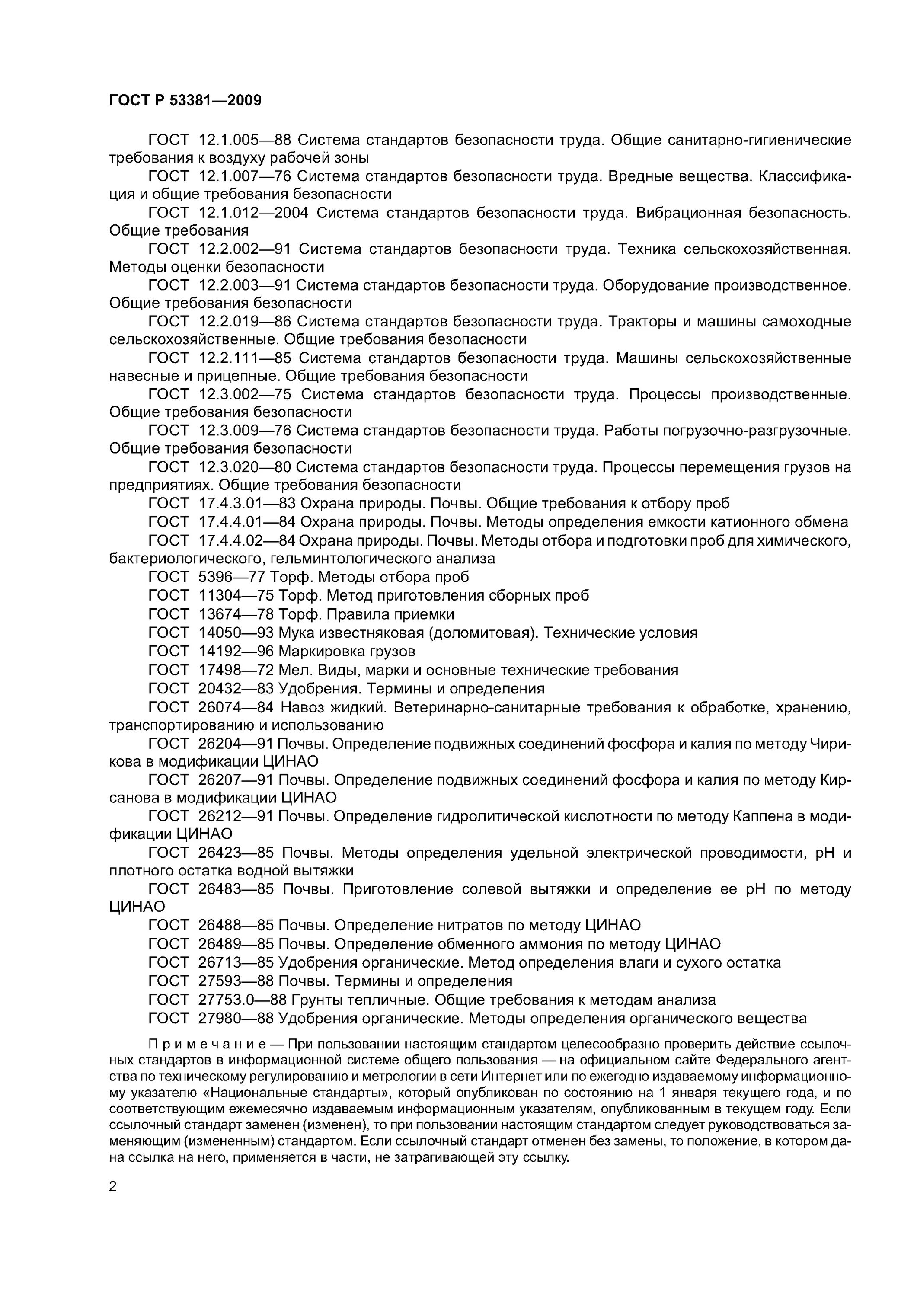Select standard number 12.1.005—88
244,140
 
